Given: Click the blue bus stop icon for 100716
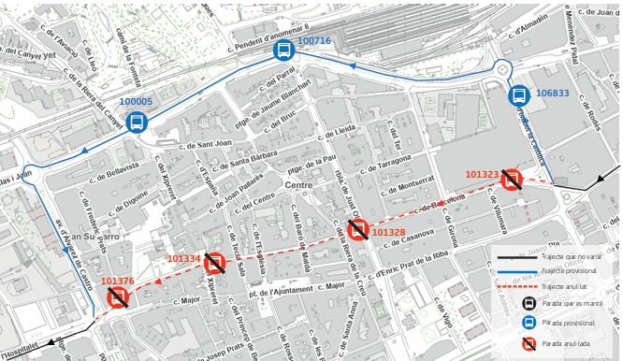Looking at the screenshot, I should point(283,52).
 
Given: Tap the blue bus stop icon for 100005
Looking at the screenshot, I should point(137,122).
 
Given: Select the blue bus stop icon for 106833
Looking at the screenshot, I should point(518,95).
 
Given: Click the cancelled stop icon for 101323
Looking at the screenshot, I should point(511,180).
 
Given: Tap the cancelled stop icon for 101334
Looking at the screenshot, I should point(215,264).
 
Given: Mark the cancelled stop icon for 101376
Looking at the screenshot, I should point(119,298).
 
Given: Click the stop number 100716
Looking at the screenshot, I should point(314,41).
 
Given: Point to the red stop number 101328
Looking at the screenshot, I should point(388,232).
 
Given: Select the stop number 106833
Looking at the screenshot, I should point(552,94).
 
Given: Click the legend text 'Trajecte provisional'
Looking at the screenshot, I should point(570,270).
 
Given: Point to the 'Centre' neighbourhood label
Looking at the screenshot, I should point(298,186).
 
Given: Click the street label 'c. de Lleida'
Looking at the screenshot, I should point(336,128).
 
